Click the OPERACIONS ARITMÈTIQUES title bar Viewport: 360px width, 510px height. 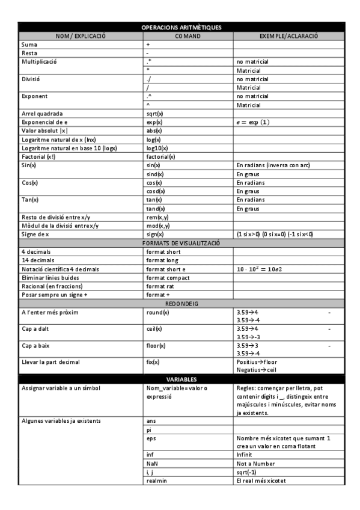pyautogui.click(x=181, y=28)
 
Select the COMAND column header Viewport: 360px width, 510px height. pyautogui.click(x=188, y=36)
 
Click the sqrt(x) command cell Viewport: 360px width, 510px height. pyautogui.click(x=154, y=113)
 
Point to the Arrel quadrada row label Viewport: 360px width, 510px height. pyautogui.click(x=41, y=113)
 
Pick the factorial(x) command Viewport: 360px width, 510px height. pyautogui.click(x=160, y=156)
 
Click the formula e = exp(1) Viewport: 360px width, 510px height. pyautogui.click(x=253, y=122)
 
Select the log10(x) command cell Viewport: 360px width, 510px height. pyautogui.click(x=157, y=148)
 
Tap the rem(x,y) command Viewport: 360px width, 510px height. pyautogui.click(x=157, y=217)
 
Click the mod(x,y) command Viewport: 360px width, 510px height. pyautogui.click(x=158, y=226)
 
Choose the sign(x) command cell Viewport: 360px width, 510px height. pyautogui.click(x=155, y=234)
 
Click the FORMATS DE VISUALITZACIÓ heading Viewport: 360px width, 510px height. pyautogui.click(x=181, y=243)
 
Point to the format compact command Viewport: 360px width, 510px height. pyautogui.click(x=168, y=278)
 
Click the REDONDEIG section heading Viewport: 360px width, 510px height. pyautogui.click(x=181, y=304)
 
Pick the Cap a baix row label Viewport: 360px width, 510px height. pyautogui.click(x=37, y=346)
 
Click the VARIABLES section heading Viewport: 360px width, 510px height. pyautogui.click(x=181, y=379)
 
